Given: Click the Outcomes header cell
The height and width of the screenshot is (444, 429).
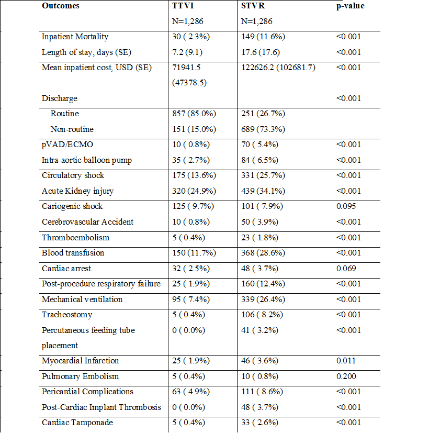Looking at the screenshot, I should coord(62,6).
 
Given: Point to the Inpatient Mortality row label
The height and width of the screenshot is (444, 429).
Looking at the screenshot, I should coord(75,37).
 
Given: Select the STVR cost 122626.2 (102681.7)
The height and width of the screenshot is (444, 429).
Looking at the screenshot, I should coord(278,68).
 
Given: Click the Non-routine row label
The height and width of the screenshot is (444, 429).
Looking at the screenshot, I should coord(72,129).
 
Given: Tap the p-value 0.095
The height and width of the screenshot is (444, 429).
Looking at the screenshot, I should coord(346,206).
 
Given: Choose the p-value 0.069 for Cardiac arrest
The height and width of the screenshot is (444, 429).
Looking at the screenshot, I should coord(346,268).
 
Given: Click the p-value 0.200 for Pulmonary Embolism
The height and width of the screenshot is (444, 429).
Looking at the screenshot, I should coord(346,376).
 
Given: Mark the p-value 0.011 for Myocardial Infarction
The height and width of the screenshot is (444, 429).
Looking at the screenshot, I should coord(346,361).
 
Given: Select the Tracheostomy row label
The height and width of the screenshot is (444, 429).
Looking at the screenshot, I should coord(67,315).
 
